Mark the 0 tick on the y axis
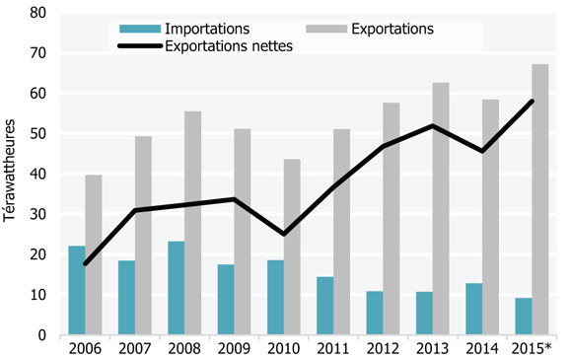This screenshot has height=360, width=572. (x=43, y=335)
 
